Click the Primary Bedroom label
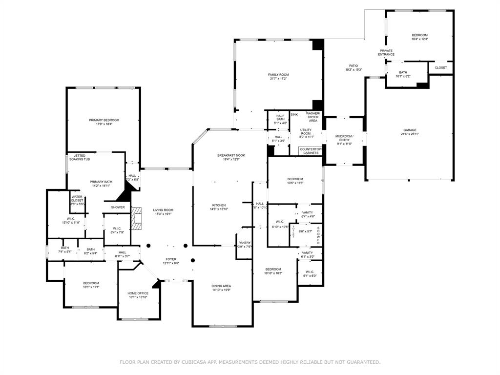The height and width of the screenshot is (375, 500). coord(104,120)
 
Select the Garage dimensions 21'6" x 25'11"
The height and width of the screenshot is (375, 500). coord(410,134)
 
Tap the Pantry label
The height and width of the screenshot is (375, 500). coord(245,243)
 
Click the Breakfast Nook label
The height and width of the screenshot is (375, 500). coord(231,155)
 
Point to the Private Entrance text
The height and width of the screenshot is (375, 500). coord(386,52)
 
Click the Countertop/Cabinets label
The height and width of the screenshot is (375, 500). coord(310,151)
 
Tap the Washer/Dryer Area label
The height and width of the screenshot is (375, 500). coord(313,117)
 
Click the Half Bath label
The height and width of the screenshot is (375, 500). coord(280,117)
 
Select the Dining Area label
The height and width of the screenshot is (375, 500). coord(221,286)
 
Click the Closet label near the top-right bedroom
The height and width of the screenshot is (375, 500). coord(440,68)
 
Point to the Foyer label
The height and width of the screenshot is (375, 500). coord(170,259)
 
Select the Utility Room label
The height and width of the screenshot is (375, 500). coord(306,131)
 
